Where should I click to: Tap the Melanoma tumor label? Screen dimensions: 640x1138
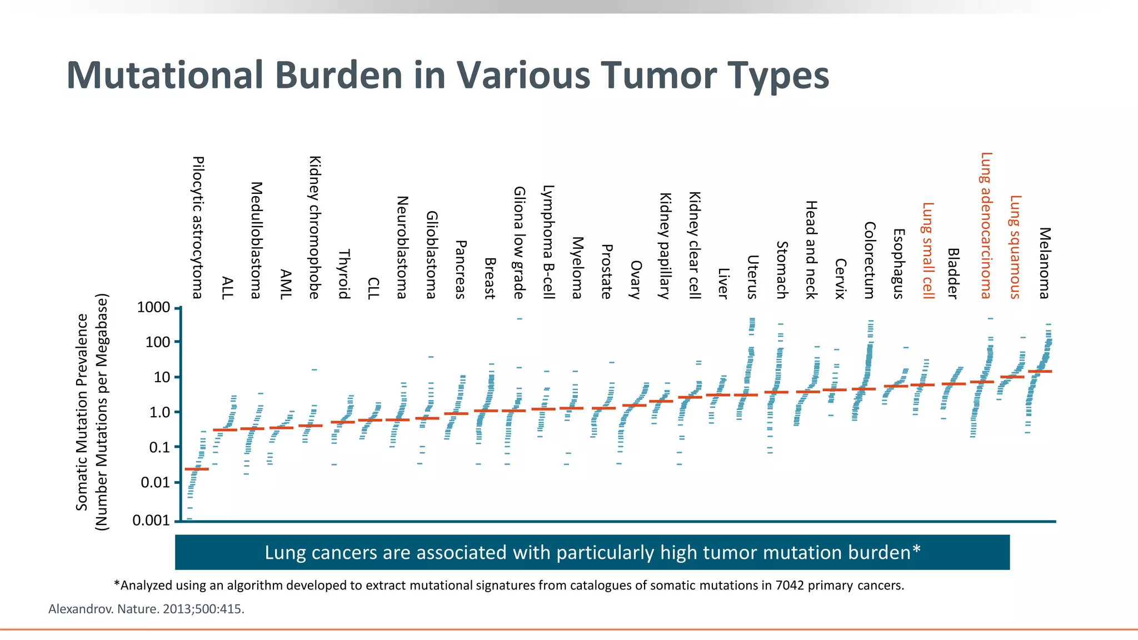1045,263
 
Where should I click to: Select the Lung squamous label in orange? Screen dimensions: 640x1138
1015,247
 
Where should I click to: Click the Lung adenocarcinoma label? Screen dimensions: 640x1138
986,225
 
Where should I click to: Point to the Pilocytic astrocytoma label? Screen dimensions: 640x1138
198,227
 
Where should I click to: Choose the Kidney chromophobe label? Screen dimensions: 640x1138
315,227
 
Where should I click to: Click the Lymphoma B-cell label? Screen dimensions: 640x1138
548,242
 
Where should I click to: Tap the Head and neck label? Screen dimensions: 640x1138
811,249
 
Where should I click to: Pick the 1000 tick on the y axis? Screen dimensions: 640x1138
153,307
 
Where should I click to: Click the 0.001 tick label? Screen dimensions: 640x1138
151,521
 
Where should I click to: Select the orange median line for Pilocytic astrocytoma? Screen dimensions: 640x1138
197,469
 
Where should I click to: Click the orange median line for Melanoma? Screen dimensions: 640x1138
1040,371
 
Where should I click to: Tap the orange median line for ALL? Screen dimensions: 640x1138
225,430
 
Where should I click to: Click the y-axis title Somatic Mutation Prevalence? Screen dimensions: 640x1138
82,412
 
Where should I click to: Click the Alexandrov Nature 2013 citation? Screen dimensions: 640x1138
146,609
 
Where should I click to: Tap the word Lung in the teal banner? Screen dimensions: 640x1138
285,553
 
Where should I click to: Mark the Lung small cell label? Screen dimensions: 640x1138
928,251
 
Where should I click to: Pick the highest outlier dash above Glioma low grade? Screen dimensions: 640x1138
520,319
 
